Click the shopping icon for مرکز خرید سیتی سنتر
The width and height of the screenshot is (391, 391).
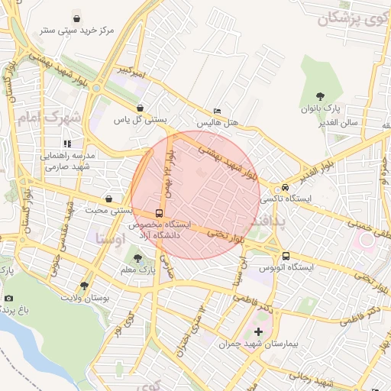click(76, 18)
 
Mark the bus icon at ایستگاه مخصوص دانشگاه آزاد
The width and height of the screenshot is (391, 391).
click(159, 213)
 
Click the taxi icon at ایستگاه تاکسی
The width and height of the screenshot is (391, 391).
click(285, 187)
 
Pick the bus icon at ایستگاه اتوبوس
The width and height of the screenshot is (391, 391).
click(286, 256)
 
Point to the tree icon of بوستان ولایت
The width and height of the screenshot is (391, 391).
click(84, 286)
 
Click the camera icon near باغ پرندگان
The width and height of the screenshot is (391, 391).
click(8, 298)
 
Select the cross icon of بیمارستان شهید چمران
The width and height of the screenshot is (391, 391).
click(258, 331)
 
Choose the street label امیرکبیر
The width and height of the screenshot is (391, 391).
click(111, 71)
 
